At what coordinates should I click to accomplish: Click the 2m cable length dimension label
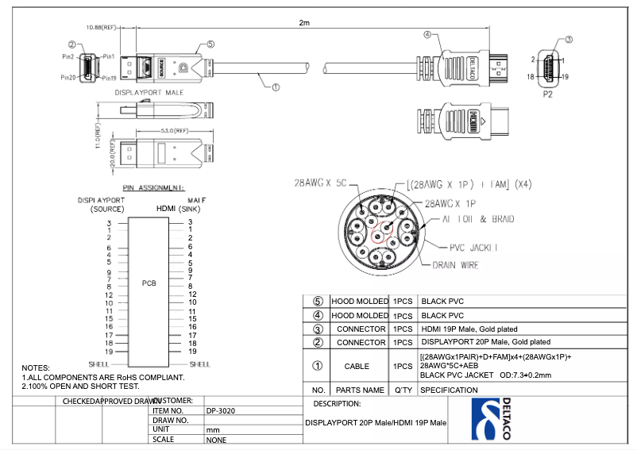[x=303, y=23]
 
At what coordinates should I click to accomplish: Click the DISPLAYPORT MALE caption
[x=149, y=93]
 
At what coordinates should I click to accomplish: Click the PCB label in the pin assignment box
[x=149, y=283]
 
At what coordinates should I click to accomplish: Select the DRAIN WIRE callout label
[x=455, y=265]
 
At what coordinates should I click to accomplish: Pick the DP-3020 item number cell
[x=220, y=410]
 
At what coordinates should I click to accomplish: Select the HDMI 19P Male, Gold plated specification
[x=469, y=329]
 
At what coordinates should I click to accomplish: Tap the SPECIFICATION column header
[x=449, y=390]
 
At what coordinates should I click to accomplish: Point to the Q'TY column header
[x=401, y=390]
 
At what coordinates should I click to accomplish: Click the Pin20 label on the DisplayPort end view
[x=68, y=78]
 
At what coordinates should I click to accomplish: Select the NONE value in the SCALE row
[x=215, y=440]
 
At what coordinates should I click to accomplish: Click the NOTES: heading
[x=36, y=368]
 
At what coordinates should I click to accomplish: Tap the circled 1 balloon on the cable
[x=276, y=88]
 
